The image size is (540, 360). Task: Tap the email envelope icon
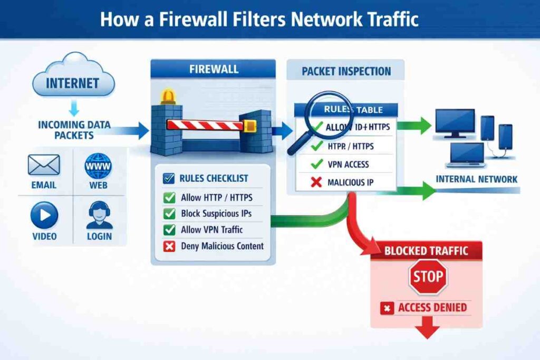pyautogui.click(x=44, y=165)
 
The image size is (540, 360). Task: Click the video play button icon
pyautogui.click(x=44, y=216)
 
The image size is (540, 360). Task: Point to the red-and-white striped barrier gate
pyautogui.click(x=206, y=125)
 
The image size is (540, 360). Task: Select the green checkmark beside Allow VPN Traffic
pyautogui.click(x=169, y=230)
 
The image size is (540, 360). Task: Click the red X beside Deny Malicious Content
pyautogui.click(x=169, y=246)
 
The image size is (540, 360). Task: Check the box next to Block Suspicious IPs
pyautogui.click(x=169, y=214)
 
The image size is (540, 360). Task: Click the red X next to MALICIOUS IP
pyautogui.click(x=317, y=182)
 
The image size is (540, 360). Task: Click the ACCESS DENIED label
pyautogui.click(x=432, y=308)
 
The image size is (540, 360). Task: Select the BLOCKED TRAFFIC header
pyautogui.click(x=426, y=250)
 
